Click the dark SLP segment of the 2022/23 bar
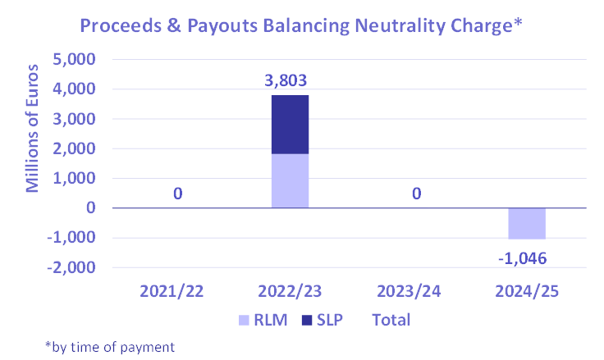[x=291, y=125]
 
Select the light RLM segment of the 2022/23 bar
[x=291, y=180]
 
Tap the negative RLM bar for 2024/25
[x=527, y=223]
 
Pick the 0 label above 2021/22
[x=177, y=194]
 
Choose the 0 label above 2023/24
[x=417, y=194]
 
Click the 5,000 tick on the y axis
[x=75, y=60]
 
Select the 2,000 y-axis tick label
[x=75, y=149]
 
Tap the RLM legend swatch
[x=243, y=319]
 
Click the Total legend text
[x=391, y=319]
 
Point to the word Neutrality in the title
[x=391, y=27]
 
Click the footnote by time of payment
[x=110, y=347]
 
